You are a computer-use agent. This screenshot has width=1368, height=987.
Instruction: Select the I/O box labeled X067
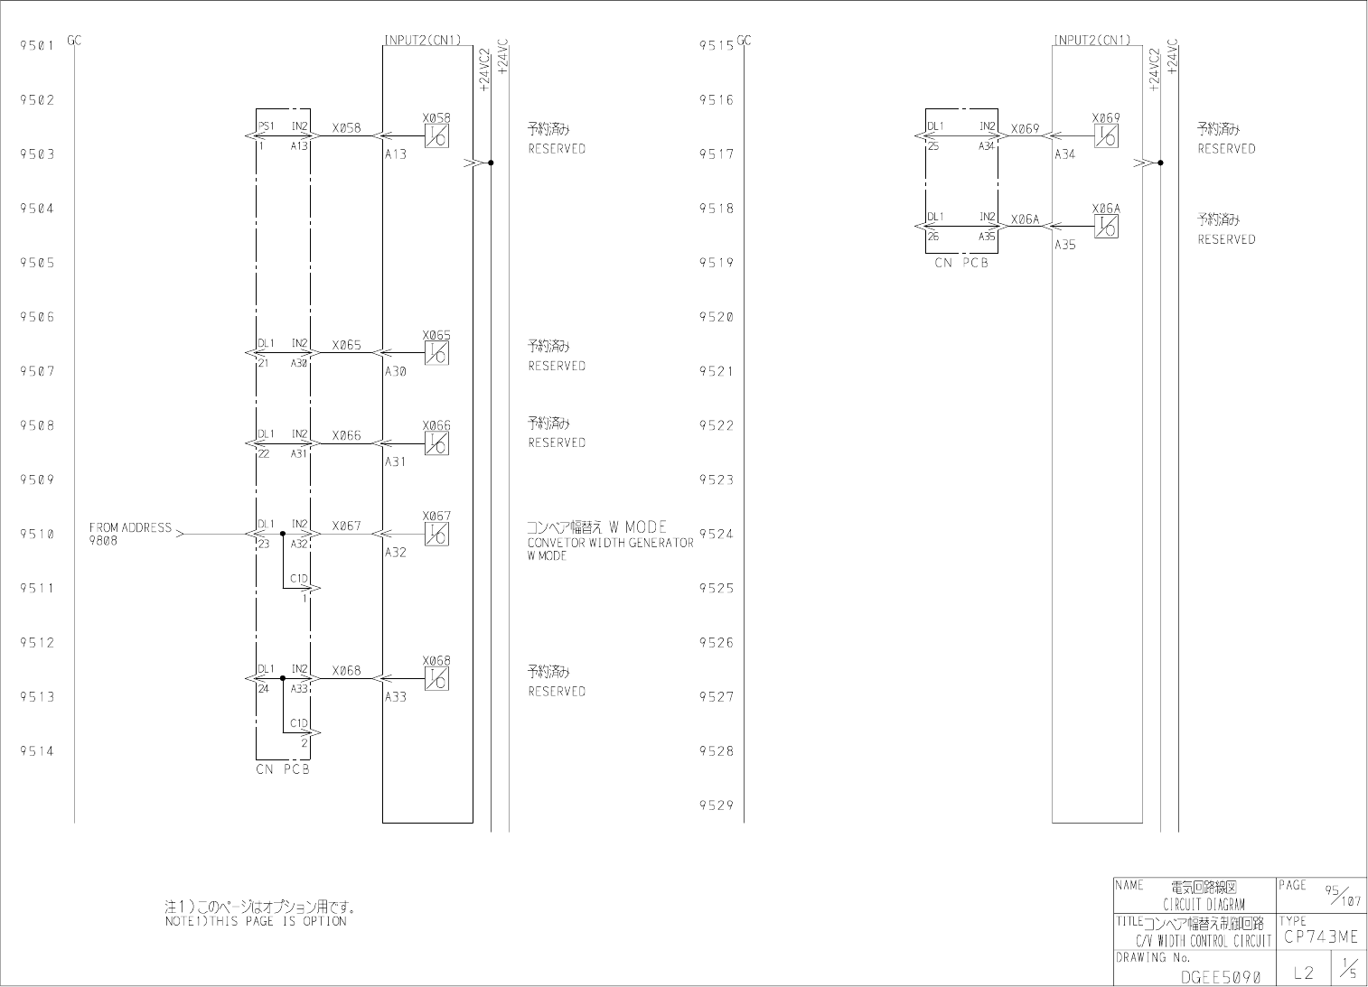point(436,535)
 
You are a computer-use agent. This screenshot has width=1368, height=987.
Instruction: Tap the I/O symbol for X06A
point(1105,227)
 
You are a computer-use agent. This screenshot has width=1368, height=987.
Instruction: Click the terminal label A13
point(396,154)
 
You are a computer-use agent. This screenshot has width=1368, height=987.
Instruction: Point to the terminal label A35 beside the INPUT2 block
point(1065,245)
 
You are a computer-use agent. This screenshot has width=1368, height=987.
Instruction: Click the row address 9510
point(37,534)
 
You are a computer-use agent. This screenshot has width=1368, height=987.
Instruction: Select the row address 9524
point(717,534)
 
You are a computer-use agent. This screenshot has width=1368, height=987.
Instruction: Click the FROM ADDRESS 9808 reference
point(130,534)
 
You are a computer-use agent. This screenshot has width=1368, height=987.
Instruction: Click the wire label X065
point(346,345)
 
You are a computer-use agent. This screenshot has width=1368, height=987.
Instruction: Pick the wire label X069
point(1026,129)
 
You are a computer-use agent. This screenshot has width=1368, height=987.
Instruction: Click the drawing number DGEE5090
point(1220,976)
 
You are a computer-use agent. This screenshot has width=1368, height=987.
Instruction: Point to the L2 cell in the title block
point(1303,972)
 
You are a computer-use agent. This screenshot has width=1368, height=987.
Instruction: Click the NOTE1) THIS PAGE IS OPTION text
point(256,922)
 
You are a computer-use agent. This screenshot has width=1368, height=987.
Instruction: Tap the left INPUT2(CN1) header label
point(423,40)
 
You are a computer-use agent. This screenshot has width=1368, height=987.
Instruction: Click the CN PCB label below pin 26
point(961,264)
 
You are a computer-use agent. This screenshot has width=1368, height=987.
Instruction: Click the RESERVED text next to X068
point(557,692)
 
